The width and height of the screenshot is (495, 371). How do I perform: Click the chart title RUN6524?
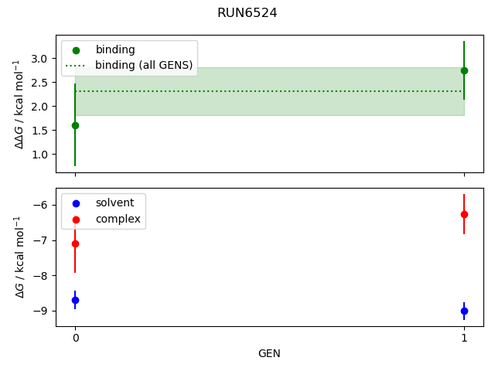click(x=247, y=13)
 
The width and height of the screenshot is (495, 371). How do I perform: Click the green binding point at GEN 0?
click(x=75, y=125)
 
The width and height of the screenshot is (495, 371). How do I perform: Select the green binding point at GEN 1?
click(x=464, y=70)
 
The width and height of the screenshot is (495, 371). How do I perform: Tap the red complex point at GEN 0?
click(x=75, y=243)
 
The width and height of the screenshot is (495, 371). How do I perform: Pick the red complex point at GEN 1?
click(x=464, y=214)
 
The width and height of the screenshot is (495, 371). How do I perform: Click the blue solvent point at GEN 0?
click(x=75, y=300)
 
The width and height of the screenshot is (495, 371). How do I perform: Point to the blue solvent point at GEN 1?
click(x=464, y=311)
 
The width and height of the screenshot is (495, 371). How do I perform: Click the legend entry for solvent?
click(x=114, y=203)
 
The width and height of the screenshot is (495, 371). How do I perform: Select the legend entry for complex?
click(x=118, y=219)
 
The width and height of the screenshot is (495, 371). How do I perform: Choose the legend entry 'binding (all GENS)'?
click(x=144, y=65)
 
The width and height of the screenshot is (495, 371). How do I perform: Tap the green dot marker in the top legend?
click(x=76, y=50)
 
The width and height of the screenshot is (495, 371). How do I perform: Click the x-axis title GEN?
click(x=269, y=353)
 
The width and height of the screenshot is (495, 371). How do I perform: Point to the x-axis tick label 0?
click(x=75, y=338)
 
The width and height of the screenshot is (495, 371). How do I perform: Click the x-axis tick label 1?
click(x=464, y=338)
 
